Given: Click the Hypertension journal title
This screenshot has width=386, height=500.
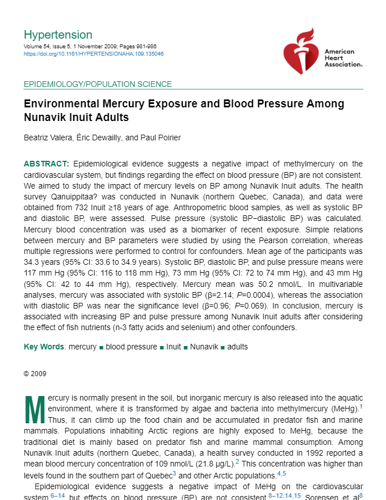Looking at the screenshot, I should [x=58, y=35].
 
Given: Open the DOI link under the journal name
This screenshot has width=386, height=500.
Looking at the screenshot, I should [x=94, y=54].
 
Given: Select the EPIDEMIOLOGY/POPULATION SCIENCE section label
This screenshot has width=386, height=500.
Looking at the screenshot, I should [x=98, y=85].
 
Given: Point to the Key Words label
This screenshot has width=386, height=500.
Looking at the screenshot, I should [x=44, y=347].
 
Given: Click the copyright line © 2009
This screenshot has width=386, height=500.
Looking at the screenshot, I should [x=35, y=374].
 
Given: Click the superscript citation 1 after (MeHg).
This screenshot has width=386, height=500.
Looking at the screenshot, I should [x=361, y=407].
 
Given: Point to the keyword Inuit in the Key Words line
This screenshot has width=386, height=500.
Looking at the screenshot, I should [x=174, y=347].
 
